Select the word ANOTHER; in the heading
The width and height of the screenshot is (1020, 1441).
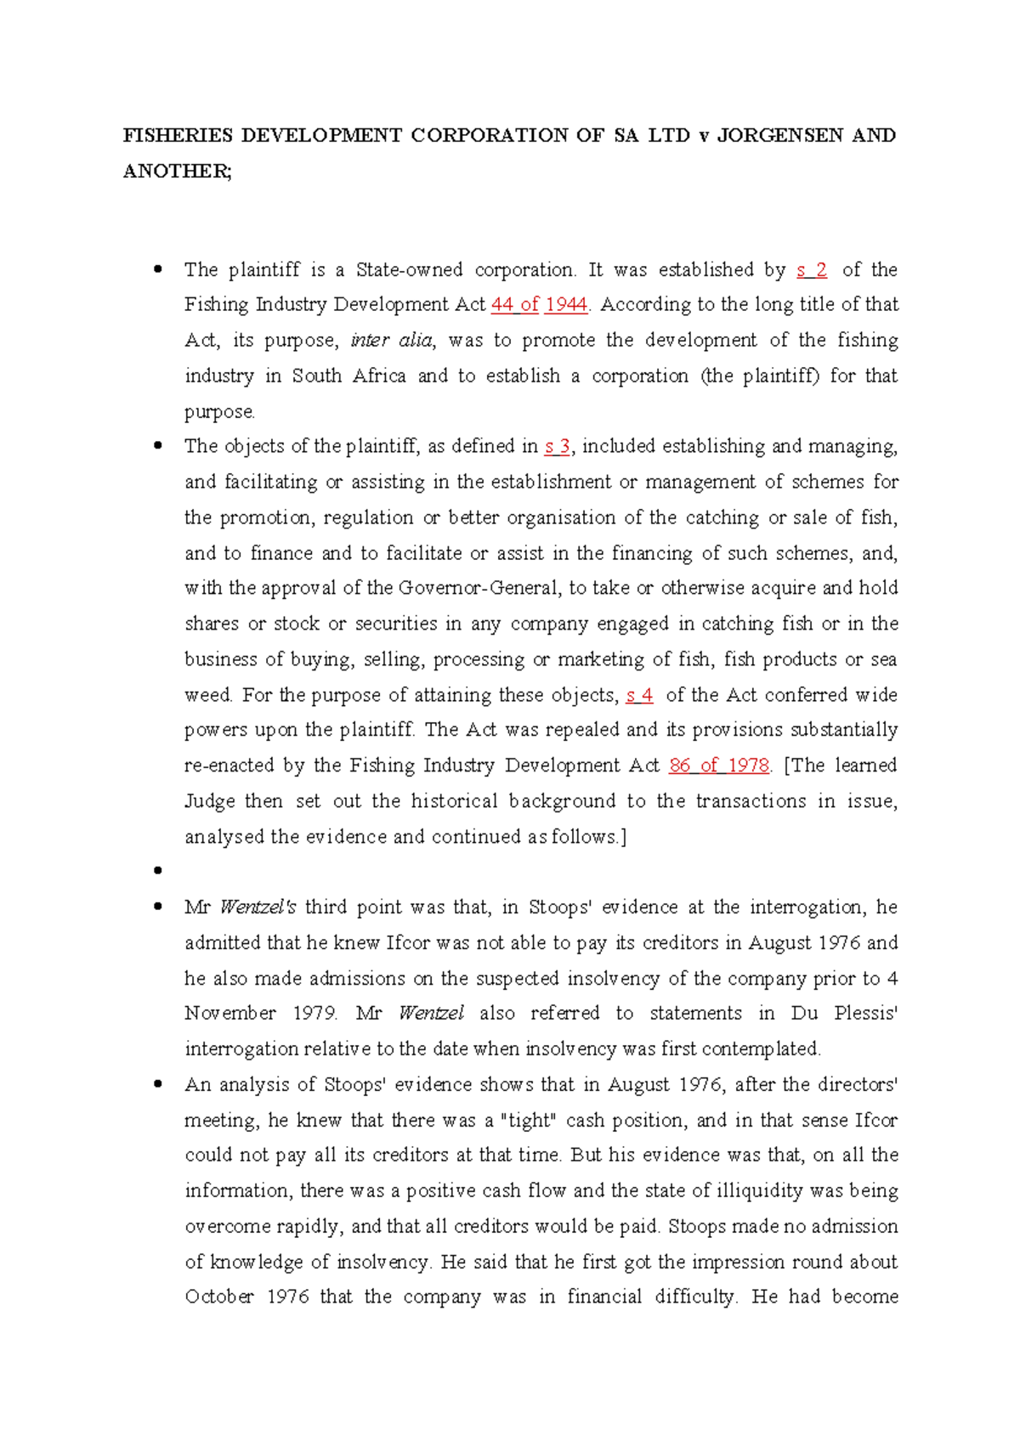click(177, 172)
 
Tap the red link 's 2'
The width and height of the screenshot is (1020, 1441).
click(812, 270)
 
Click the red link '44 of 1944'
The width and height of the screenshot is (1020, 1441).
click(540, 305)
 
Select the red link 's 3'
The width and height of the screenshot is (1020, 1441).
click(557, 447)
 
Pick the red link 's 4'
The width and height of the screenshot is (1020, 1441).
click(639, 695)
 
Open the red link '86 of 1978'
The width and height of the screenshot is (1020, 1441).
click(719, 766)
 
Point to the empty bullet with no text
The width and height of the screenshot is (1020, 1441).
click(157, 871)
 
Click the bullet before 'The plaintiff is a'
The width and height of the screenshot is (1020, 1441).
click(157, 270)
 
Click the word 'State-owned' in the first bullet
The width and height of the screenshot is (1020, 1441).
click(409, 270)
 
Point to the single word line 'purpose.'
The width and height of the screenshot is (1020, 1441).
click(219, 412)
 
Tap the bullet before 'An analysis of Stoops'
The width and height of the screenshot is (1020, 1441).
click(157, 1085)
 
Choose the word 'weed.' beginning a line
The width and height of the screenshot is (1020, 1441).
click(208, 695)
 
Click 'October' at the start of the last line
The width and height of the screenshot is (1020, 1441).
click(219, 1297)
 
